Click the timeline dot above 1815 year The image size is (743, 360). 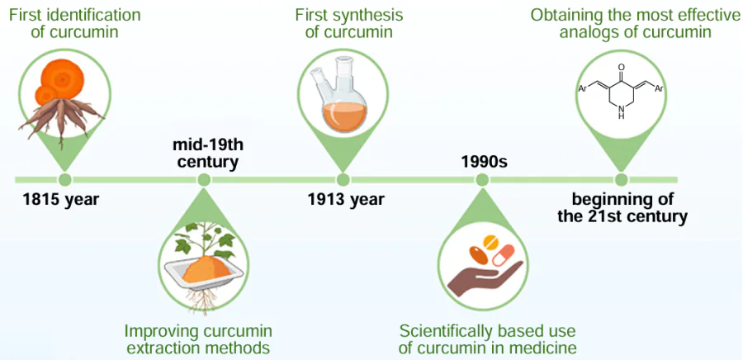click(x=64, y=179)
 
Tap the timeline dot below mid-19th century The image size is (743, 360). click(x=204, y=179)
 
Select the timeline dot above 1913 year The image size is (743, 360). click(x=343, y=179)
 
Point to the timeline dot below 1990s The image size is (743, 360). click(x=481, y=179)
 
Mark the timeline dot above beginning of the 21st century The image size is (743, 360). click(x=621, y=179)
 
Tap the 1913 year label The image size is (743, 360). click(x=346, y=199)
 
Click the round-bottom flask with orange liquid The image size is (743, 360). click(x=343, y=106)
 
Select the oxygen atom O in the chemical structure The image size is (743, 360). click(x=621, y=69)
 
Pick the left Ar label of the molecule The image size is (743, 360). click(x=583, y=87)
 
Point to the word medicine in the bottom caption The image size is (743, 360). click(x=545, y=348)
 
